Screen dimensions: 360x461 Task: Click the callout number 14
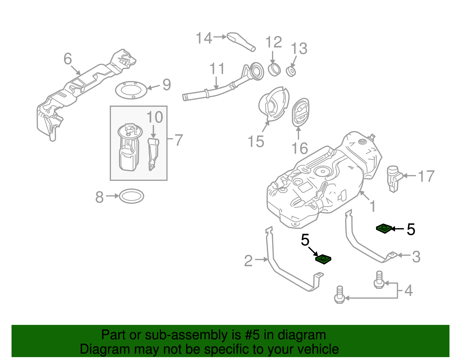[x=204, y=38]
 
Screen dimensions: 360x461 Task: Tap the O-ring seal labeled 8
[x=131, y=196]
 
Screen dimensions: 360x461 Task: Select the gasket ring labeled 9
[x=131, y=90]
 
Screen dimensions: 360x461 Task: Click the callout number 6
[x=68, y=59]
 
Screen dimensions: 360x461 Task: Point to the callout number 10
[x=155, y=117]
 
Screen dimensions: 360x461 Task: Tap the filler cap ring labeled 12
[x=274, y=70]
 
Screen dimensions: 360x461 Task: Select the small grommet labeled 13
[x=291, y=71]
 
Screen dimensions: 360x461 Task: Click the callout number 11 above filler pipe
[x=217, y=69]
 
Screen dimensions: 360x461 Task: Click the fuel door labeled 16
[x=301, y=112]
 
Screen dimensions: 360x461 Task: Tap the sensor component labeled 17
[x=393, y=178]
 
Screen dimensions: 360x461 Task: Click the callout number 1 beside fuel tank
[x=373, y=206]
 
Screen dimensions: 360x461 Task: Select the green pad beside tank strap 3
[x=384, y=229]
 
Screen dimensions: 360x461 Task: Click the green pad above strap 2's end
[x=323, y=259]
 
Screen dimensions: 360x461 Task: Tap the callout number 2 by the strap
[x=248, y=261]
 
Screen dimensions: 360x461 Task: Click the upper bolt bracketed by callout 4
[x=379, y=280]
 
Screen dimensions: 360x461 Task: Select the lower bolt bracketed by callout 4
[x=340, y=295]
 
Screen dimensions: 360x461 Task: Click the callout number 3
[x=416, y=257]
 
